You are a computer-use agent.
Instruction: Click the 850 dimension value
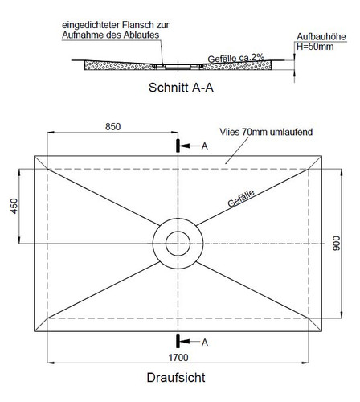click(x=112, y=126)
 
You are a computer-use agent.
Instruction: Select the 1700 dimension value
click(x=178, y=357)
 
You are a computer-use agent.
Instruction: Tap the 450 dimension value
click(x=14, y=206)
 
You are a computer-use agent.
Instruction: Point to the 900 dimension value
click(x=336, y=244)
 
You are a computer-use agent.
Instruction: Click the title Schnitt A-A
click(x=181, y=88)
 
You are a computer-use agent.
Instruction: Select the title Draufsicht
click(x=176, y=378)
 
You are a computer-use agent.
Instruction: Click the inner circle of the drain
click(x=178, y=232)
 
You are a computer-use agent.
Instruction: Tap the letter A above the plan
click(x=205, y=146)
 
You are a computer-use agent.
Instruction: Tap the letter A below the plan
click(x=205, y=343)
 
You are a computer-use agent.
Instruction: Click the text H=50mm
click(x=315, y=47)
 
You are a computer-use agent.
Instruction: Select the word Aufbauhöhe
click(x=321, y=37)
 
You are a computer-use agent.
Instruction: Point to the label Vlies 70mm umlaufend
click(x=266, y=132)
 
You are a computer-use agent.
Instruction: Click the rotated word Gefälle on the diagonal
click(x=241, y=199)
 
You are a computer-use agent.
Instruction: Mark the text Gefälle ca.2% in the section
click(x=236, y=58)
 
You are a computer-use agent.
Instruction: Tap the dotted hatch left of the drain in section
click(x=118, y=65)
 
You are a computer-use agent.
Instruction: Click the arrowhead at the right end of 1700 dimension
click(x=305, y=363)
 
